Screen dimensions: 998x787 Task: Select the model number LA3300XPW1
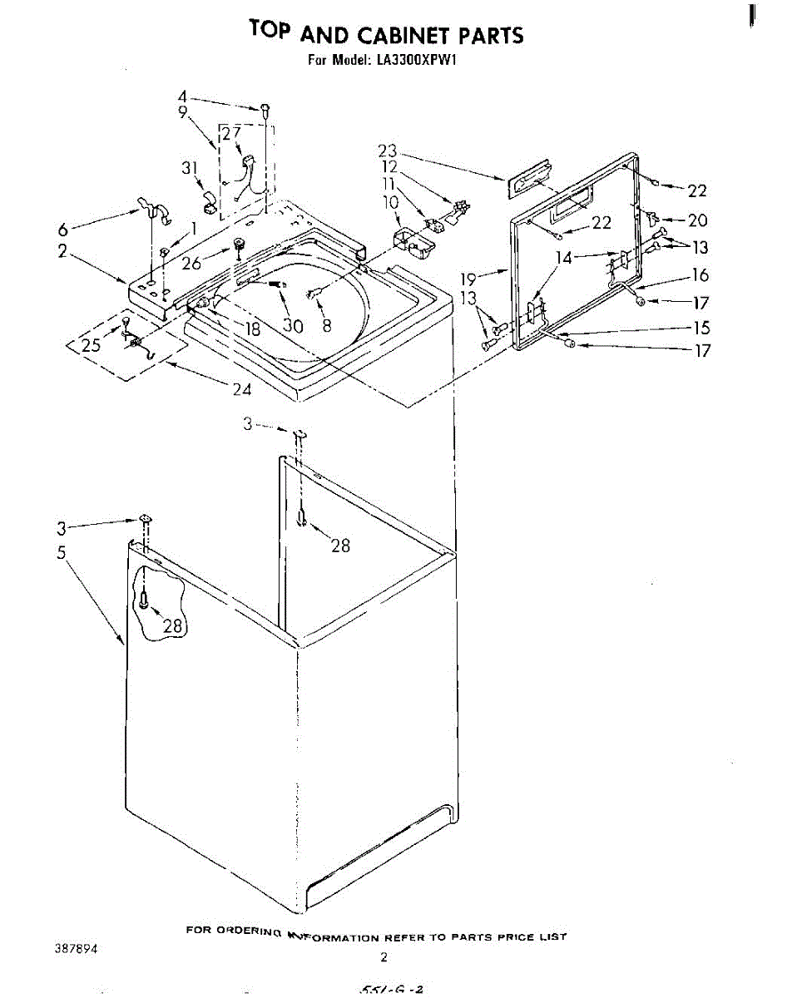pos(413,61)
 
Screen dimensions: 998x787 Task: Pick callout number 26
pos(192,264)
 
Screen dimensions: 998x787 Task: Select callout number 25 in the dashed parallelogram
pos(91,345)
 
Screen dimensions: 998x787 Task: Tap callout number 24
pos(242,388)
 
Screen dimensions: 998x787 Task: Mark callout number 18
pos(253,329)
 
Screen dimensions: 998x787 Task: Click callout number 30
pos(292,326)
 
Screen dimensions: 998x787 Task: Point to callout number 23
pos(388,151)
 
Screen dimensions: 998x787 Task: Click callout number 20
pos(697,220)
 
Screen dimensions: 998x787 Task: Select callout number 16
pos(700,275)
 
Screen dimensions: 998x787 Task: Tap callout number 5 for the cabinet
pos(62,553)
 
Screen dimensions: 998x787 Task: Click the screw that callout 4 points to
pos(265,108)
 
